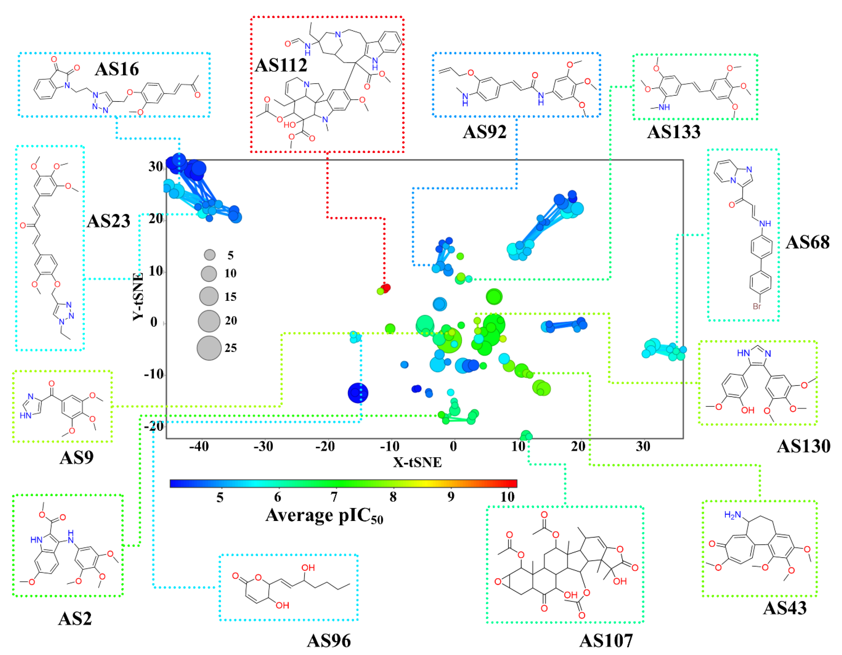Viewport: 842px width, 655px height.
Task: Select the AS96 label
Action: click(329, 641)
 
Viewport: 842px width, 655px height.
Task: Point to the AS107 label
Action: click(606, 641)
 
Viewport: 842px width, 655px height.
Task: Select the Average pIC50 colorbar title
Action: click(324, 516)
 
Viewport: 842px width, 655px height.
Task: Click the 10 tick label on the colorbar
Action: click(507, 497)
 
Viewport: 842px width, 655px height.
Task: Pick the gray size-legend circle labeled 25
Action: click(209, 348)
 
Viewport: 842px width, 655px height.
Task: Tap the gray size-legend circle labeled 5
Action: click(210, 255)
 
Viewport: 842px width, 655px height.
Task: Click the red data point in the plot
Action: click(385, 288)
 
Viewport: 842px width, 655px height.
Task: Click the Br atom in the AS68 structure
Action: click(757, 307)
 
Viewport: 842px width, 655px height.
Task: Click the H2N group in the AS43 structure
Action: click(733, 515)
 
